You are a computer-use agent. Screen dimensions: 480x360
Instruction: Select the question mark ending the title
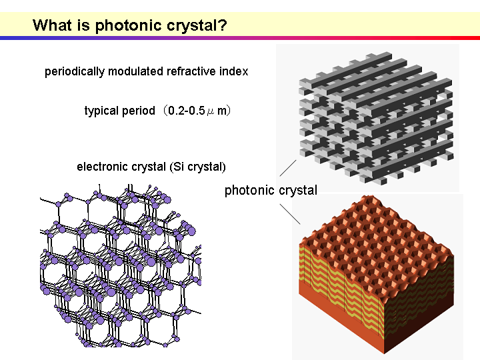click(223, 25)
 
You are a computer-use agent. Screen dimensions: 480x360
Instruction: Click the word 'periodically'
click(75, 71)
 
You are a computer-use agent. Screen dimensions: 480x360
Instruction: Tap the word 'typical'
click(101, 111)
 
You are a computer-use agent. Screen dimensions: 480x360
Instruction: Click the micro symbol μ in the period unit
click(211, 112)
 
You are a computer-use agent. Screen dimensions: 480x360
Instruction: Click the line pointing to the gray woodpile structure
click(288, 168)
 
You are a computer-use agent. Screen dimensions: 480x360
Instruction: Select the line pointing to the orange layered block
click(290, 214)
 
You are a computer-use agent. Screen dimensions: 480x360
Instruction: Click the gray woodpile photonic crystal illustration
click(376, 118)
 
